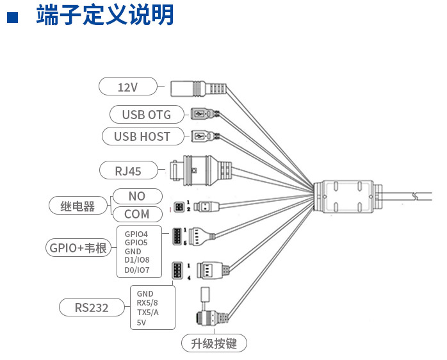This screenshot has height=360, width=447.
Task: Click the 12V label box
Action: tap(128, 86)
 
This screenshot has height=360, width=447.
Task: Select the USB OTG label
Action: tap(147, 115)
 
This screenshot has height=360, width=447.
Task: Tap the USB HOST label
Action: tap(142, 136)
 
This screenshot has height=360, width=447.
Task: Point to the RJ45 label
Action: tap(128, 170)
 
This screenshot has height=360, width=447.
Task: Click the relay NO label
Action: tap(137, 196)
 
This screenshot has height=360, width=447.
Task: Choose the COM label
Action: tap(137, 214)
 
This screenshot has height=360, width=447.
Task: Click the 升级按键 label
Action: tap(214, 344)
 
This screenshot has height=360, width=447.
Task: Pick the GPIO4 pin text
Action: tap(136, 234)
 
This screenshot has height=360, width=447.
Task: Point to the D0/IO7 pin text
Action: tap(137, 270)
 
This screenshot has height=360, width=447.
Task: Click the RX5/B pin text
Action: tap(147, 303)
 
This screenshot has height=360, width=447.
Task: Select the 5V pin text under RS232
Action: tap(142, 322)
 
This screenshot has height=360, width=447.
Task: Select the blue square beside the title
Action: tap(12, 17)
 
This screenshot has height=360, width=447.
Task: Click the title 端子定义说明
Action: tap(105, 15)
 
